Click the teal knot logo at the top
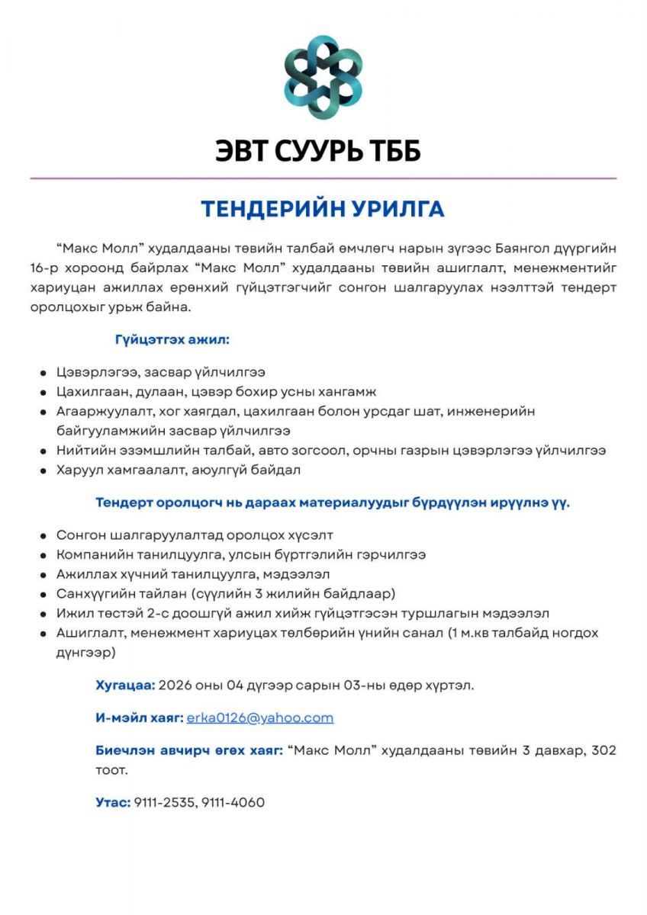[x=323, y=76]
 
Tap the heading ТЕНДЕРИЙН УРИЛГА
[x=323, y=209]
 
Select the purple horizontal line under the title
[x=323, y=178]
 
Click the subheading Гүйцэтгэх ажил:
[x=172, y=339]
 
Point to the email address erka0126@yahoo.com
[x=260, y=718]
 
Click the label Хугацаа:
[x=125, y=685]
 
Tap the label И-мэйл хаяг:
[x=140, y=718]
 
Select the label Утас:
[x=113, y=802]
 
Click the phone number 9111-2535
[x=165, y=802]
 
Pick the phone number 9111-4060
[x=233, y=802]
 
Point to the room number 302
[x=604, y=750]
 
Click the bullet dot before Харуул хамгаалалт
[x=44, y=471]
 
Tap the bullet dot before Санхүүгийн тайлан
[x=44, y=594]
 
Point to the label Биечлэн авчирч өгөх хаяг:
[x=189, y=750]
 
